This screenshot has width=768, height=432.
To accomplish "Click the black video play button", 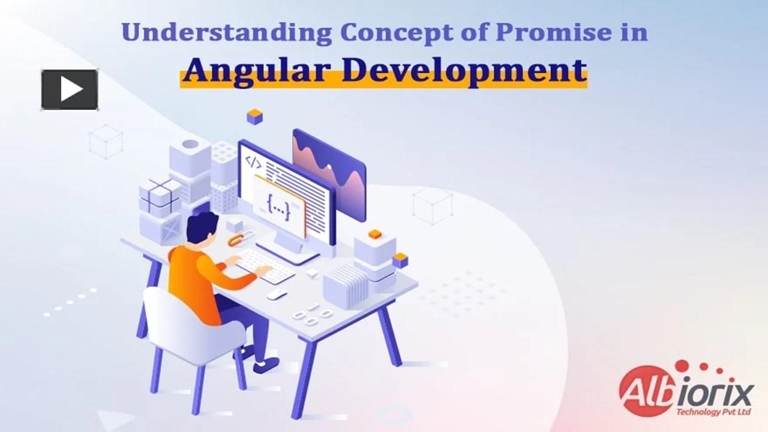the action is click(x=70, y=90).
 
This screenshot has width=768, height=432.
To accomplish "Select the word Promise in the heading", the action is click(x=554, y=32).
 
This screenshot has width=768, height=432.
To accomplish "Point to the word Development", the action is click(x=464, y=71).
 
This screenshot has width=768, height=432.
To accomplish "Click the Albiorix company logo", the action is click(x=686, y=389).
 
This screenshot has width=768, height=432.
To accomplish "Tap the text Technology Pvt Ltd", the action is click(x=714, y=412).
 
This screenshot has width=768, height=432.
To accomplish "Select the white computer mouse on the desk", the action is click(x=277, y=294).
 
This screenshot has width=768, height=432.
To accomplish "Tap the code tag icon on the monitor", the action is click(x=253, y=163).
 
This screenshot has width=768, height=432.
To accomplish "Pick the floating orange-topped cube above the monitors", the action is click(x=255, y=116).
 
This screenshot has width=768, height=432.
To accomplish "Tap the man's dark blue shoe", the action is click(x=266, y=365).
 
